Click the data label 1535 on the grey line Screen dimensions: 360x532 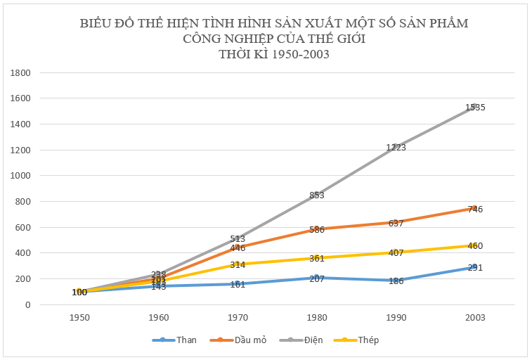tap(475, 108)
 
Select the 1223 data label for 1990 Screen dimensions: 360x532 tap(396, 148)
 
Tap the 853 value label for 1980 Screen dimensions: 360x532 tap(316, 195)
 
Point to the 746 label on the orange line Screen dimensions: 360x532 tap(475, 210)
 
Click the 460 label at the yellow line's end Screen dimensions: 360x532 tap(475, 246)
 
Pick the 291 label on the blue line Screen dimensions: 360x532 tap(475, 268)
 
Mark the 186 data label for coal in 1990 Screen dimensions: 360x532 tap(396, 281)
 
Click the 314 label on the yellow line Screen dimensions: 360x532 tap(237, 264)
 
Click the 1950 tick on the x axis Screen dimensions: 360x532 tap(79, 318)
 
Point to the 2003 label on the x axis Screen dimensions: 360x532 tap(475, 318)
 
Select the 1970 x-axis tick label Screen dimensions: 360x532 tap(237, 318)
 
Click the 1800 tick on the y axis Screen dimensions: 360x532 tap(20, 72)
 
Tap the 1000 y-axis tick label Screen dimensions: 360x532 tap(20, 176)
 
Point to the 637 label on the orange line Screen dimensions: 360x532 tap(396, 224)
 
